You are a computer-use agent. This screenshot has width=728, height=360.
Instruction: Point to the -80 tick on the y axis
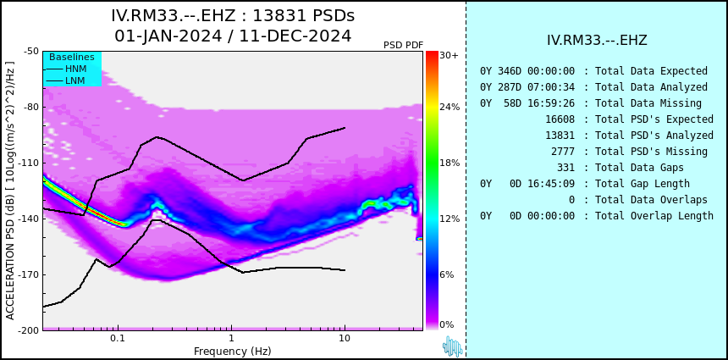[31, 107]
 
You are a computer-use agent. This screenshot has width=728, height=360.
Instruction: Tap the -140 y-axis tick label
[30, 219]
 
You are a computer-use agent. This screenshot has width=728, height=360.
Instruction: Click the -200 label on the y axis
[30, 330]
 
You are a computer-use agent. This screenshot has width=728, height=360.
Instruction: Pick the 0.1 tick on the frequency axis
[118, 339]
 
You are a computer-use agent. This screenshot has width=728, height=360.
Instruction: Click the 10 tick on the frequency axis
[345, 339]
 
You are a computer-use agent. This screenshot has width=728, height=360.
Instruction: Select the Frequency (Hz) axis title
[232, 351]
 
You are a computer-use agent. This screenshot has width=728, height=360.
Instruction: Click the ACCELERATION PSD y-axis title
[10, 191]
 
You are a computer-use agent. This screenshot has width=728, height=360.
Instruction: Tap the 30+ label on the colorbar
[449, 55]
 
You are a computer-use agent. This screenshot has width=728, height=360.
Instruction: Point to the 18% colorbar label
[449, 163]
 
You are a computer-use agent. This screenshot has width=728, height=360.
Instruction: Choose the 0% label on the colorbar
[447, 324]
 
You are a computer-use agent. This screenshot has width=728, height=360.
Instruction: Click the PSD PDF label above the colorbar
[404, 45]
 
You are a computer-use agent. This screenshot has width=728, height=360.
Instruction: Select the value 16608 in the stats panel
[560, 119]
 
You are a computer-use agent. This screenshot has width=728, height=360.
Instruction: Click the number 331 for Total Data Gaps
[566, 167]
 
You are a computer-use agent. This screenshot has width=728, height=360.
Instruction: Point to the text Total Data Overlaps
[652, 200]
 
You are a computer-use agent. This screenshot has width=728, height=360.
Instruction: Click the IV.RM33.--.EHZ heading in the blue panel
[597, 41]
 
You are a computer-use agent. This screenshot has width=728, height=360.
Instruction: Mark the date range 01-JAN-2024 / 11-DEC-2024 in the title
[233, 36]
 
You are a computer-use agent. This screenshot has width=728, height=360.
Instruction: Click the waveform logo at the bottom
[453, 346]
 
